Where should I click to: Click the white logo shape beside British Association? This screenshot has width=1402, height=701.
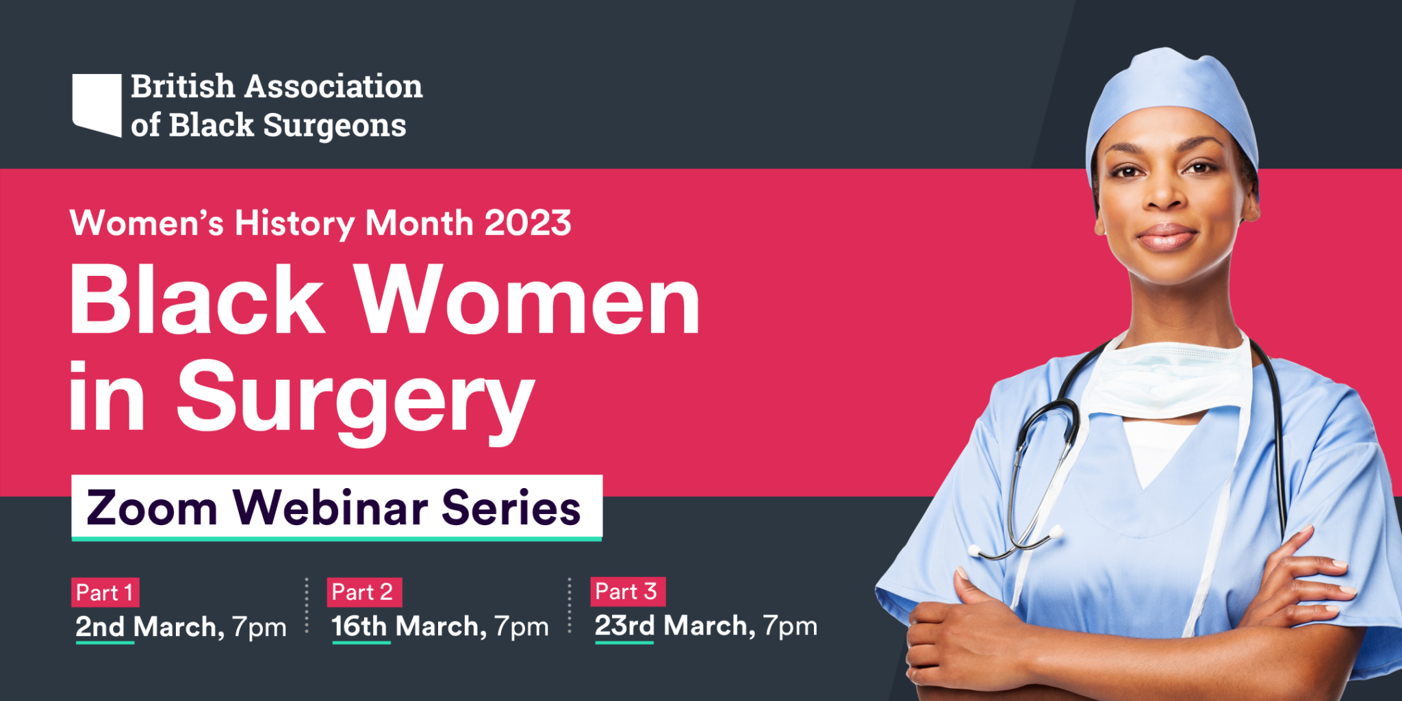point(97,104)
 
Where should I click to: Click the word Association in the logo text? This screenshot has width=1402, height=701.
point(333,86)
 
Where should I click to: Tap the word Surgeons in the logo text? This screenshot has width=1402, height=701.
point(335,126)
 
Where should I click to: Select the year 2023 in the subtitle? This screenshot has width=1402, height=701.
point(528,223)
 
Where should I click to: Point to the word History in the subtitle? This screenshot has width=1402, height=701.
point(295,224)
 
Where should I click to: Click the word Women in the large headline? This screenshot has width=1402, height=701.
point(527,300)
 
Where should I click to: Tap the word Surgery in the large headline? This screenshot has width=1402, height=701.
point(356,400)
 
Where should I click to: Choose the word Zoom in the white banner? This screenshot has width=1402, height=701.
point(152,508)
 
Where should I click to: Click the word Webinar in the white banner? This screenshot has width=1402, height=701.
point(331,507)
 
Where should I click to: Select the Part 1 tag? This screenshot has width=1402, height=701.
point(105,592)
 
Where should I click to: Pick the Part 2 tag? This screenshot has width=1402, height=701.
point(363,592)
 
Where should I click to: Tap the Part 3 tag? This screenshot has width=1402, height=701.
point(627,591)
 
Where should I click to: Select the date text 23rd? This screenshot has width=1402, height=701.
point(624,626)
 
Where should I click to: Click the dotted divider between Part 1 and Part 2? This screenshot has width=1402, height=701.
point(307,605)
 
